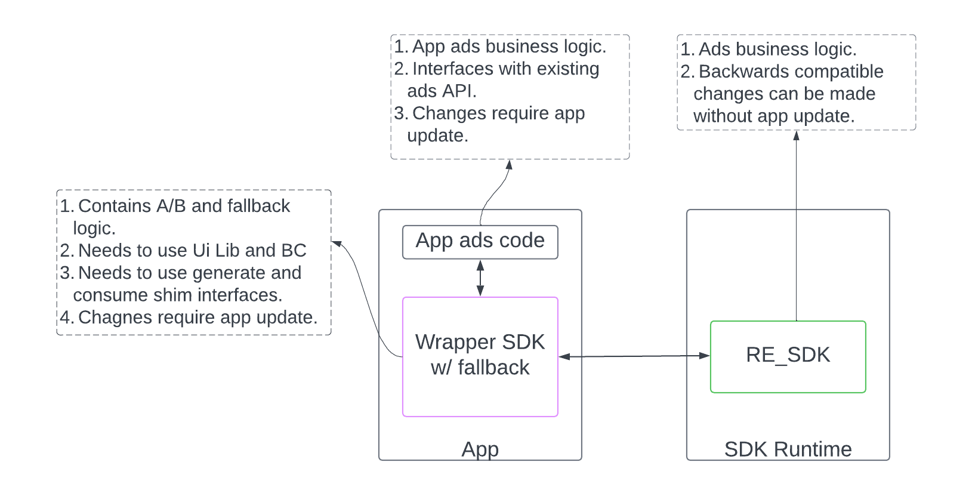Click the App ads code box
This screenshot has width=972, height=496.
[480, 241]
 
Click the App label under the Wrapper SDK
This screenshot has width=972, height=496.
[480, 449]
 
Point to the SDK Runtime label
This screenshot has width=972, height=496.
[788, 449]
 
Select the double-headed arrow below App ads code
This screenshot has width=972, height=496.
[480, 278]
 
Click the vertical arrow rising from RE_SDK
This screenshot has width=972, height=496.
[797, 227]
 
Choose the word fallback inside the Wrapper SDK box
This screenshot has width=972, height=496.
[493, 368]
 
